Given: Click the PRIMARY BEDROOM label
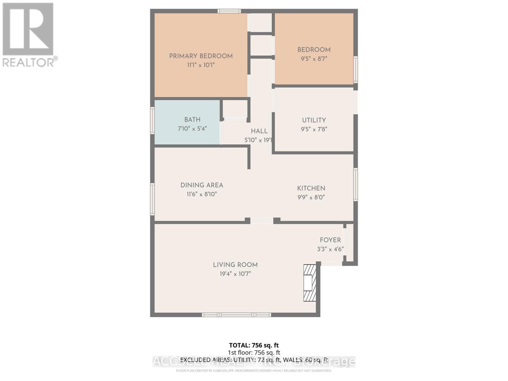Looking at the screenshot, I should tap(201, 56).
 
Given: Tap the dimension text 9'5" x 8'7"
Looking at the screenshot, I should tap(314, 59).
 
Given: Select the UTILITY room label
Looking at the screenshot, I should tap(314, 120).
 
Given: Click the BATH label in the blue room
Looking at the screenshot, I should tap(192, 120).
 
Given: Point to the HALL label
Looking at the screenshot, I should tap(259, 131).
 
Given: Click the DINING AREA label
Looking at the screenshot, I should tap(202, 185).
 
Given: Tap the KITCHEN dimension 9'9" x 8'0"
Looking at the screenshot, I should tap(311, 197).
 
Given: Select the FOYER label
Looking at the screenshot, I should tap(330, 240).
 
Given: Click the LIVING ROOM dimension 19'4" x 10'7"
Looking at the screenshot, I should tap(235, 274).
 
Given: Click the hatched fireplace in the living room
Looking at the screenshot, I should tap(310, 283).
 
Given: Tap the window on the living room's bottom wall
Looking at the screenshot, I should tap(237, 315).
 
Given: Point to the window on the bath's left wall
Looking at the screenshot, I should tap(152, 120).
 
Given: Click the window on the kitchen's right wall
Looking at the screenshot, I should tap(356, 184).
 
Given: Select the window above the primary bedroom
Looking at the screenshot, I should tap(229, 11).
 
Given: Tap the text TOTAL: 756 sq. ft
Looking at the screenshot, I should tap(254, 345).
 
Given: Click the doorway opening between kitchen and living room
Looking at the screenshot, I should tap(262, 220).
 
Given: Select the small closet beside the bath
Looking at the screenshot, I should tap(235, 110).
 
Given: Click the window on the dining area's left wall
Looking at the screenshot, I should tap(152, 199).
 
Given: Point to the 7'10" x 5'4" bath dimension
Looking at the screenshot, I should tap(192, 129).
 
